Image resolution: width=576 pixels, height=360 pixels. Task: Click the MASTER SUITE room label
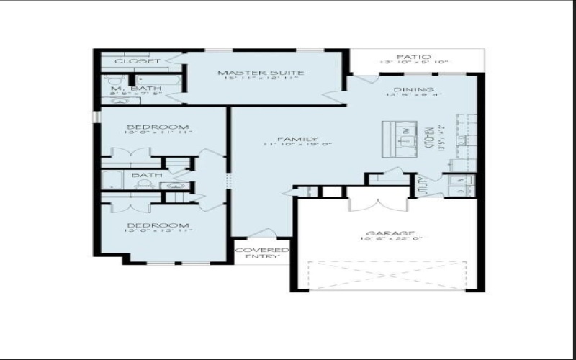coord(260,73)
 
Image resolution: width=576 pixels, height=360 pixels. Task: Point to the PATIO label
coord(414,56)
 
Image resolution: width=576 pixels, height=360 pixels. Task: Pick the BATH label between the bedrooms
coord(147,175)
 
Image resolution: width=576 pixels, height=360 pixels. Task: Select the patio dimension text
coord(414,63)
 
